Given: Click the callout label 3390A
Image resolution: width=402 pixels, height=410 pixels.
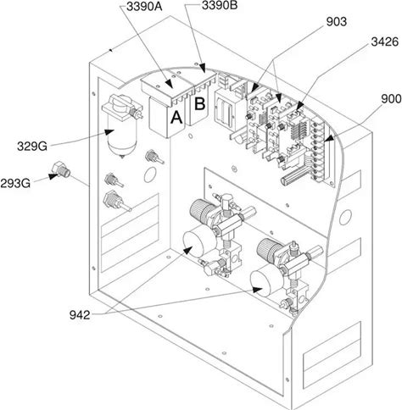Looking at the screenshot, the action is point(144,7).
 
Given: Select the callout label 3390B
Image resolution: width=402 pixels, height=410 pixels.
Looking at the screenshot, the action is point(220,5).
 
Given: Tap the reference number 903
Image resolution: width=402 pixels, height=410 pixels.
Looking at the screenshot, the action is point(336,22).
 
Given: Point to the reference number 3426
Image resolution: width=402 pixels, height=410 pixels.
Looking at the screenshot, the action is point(384,42).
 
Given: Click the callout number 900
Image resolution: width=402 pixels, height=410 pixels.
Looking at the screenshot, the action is point(391,99).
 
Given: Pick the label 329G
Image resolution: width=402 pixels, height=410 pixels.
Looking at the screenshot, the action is point(32,147).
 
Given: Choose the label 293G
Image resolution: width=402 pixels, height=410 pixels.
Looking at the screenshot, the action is point(15,184).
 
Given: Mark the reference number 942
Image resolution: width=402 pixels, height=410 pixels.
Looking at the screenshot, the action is point(80,315).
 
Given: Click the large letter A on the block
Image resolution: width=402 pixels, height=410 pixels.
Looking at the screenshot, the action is point(176,117).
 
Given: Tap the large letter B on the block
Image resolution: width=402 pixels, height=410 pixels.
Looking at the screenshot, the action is point(199,103).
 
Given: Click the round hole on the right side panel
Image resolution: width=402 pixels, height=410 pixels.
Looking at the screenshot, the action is point(345,217).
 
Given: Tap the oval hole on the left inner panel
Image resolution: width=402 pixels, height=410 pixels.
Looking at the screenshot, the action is point(150,175).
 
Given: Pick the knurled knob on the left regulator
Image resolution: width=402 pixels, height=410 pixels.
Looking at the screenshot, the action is point(200,210).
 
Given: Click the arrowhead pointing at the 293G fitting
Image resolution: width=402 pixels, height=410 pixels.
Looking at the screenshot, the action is point(53,176).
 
